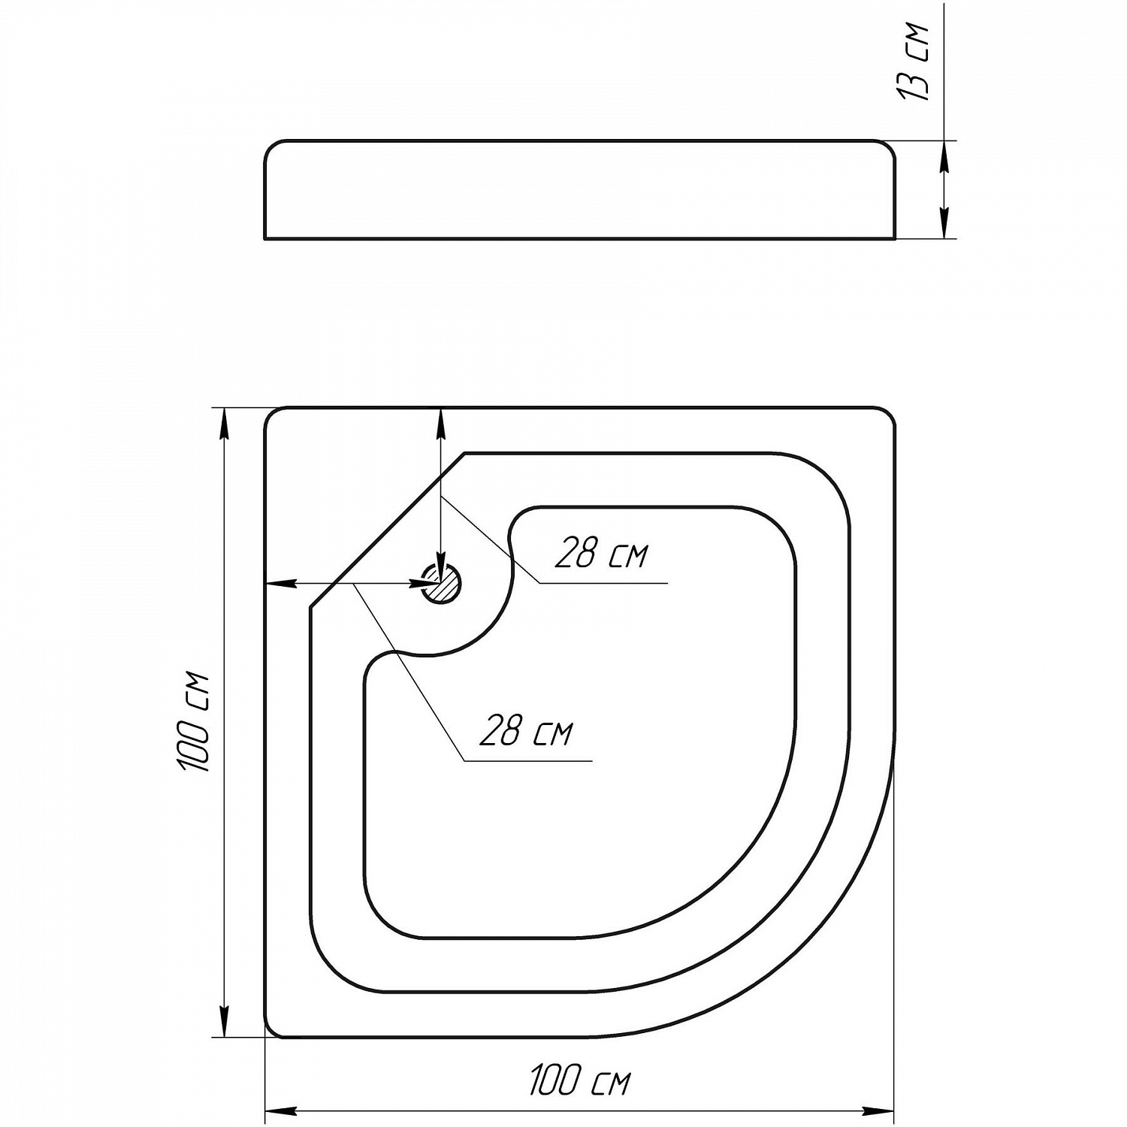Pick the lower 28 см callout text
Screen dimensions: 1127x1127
click(526, 731)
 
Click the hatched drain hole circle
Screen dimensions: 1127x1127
click(441, 583)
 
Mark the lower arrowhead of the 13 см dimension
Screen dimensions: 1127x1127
click(944, 223)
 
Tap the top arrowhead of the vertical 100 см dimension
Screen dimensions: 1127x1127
click(222, 424)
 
